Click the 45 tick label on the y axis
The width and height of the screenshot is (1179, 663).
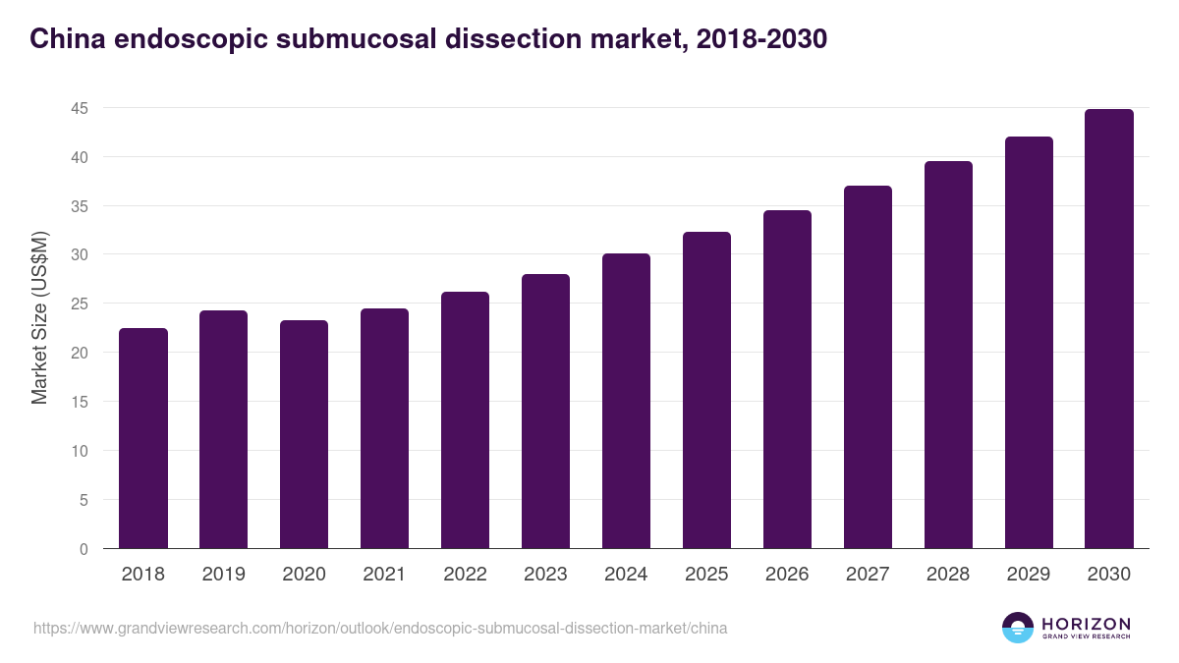pyautogui.click(x=80, y=108)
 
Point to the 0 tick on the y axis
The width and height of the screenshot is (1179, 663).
pyautogui.click(x=84, y=549)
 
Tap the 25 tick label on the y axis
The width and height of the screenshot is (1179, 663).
pyautogui.click(x=80, y=304)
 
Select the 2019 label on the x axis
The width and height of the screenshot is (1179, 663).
pyautogui.click(x=224, y=575)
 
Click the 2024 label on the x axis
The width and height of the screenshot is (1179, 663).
pyautogui.click(x=626, y=575)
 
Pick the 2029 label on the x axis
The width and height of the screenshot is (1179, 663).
pyautogui.click(x=1029, y=575)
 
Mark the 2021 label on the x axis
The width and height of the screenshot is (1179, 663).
pyautogui.click(x=385, y=575)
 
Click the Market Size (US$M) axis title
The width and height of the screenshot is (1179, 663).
pyautogui.click(x=39, y=317)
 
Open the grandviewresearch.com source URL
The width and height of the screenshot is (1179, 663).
pyautogui.click(x=380, y=628)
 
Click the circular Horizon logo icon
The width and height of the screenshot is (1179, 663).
pyautogui.click(x=1018, y=628)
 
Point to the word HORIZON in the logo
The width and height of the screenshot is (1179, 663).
pyautogui.click(x=1086, y=624)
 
